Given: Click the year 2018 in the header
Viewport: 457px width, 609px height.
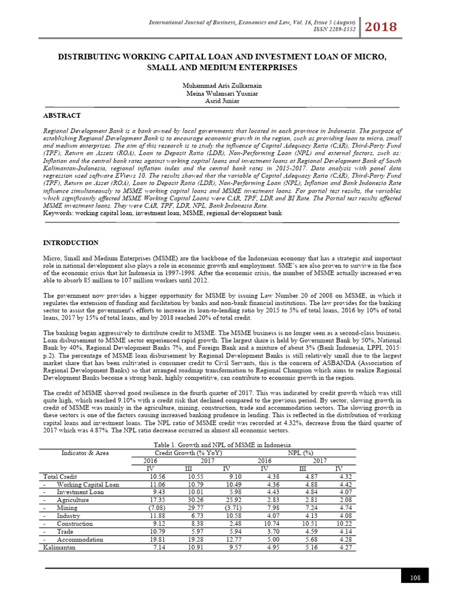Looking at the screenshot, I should pyautogui.click(x=381, y=26).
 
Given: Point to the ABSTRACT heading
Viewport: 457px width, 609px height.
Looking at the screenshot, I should pyautogui.click(x=62, y=115).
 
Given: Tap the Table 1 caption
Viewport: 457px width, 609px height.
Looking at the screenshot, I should pyautogui.click(x=221, y=445).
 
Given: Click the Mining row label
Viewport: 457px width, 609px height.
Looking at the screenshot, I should pyautogui.click(x=67, y=508).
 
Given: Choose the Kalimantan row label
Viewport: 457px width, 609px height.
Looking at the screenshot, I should pyautogui.click(x=60, y=547).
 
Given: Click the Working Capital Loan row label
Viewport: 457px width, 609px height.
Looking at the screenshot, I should pyautogui.click(x=87, y=485).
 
